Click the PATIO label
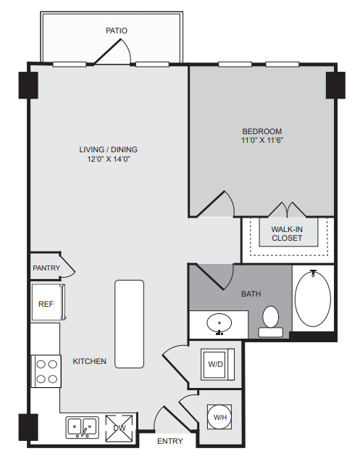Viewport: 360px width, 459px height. tap(117, 30)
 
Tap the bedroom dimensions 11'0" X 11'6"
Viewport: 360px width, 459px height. tap(262, 140)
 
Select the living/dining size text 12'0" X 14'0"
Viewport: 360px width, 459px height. tap(109, 160)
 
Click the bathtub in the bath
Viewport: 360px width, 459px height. tap(313, 298)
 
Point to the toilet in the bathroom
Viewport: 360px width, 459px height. tap(270, 321)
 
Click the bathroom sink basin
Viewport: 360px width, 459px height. tap(219, 323)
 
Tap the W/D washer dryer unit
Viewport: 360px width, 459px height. tap(217, 364)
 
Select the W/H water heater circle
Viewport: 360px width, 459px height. tap(219, 417)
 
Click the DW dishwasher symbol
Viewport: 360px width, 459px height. tap(120, 428)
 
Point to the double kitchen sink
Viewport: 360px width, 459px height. tap(82, 428)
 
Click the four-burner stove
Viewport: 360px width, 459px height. tap(46, 371)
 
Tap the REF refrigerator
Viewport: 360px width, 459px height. tap(48, 302)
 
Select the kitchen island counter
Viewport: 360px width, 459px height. tap(129, 324)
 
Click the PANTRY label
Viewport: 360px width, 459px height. tap(46, 268)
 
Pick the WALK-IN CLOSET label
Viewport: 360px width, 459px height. tap(287, 233)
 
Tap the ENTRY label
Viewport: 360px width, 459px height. tap(170, 441)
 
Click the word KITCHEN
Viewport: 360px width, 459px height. tap(90, 361)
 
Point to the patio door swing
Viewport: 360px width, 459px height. tap(112, 51)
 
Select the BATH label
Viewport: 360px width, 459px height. tap(251, 294)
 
